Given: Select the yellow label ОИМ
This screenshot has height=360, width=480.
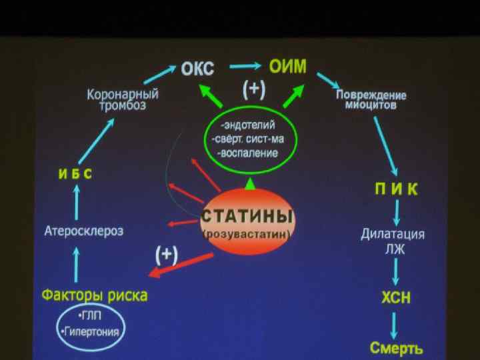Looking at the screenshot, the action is tap(287, 66).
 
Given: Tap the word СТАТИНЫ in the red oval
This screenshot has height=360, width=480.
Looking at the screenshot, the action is tap(247, 217).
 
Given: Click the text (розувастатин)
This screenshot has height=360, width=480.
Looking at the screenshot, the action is tap(247, 235).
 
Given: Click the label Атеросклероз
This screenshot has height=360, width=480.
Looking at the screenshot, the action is tap(84, 231).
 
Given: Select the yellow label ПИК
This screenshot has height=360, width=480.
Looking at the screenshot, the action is tap(396, 189).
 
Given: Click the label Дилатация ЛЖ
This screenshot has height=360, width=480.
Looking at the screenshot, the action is tap(393, 241).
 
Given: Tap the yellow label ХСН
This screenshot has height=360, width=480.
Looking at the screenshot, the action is tap(396, 298).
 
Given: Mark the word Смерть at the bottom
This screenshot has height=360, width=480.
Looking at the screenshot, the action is tap(396, 347).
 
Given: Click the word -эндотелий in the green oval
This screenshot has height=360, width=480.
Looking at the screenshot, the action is tap(247, 125).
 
